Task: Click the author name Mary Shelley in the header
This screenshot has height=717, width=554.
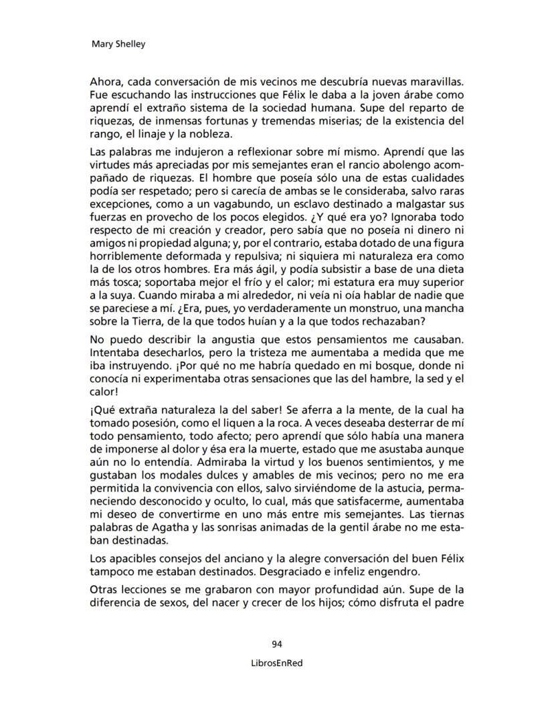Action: [x=117, y=45]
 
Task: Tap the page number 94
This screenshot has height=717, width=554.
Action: [x=277, y=644]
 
